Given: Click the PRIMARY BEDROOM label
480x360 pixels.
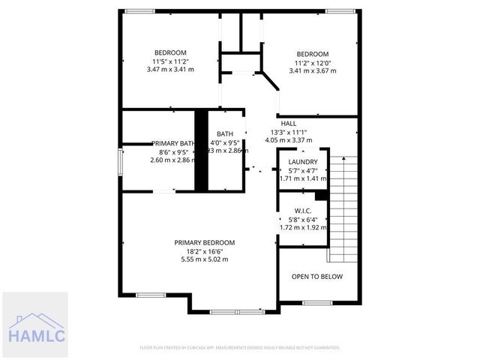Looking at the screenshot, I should click(204, 242).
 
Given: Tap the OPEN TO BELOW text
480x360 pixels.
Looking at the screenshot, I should click(316, 277).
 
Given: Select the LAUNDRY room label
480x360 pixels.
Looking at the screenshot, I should click(303, 162).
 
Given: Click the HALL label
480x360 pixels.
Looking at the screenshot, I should click(288, 124).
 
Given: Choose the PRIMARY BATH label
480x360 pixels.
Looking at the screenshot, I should click(172, 143).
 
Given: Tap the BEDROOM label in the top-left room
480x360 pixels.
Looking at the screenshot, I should click(170, 52).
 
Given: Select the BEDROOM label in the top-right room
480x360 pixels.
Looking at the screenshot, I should click(312, 54).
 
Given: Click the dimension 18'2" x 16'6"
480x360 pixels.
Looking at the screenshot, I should click(204, 251).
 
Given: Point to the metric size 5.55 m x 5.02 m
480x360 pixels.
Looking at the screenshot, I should click(204, 259).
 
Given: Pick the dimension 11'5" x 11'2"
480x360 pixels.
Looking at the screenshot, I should click(170, 61).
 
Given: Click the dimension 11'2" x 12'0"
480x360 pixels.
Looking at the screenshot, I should click(312, 63).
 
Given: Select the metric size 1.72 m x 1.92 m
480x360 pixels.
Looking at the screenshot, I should click(303, 226).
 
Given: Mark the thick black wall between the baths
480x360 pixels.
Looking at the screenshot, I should click(201, 150).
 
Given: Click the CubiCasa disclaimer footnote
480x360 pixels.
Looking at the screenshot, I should click(240, 348).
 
